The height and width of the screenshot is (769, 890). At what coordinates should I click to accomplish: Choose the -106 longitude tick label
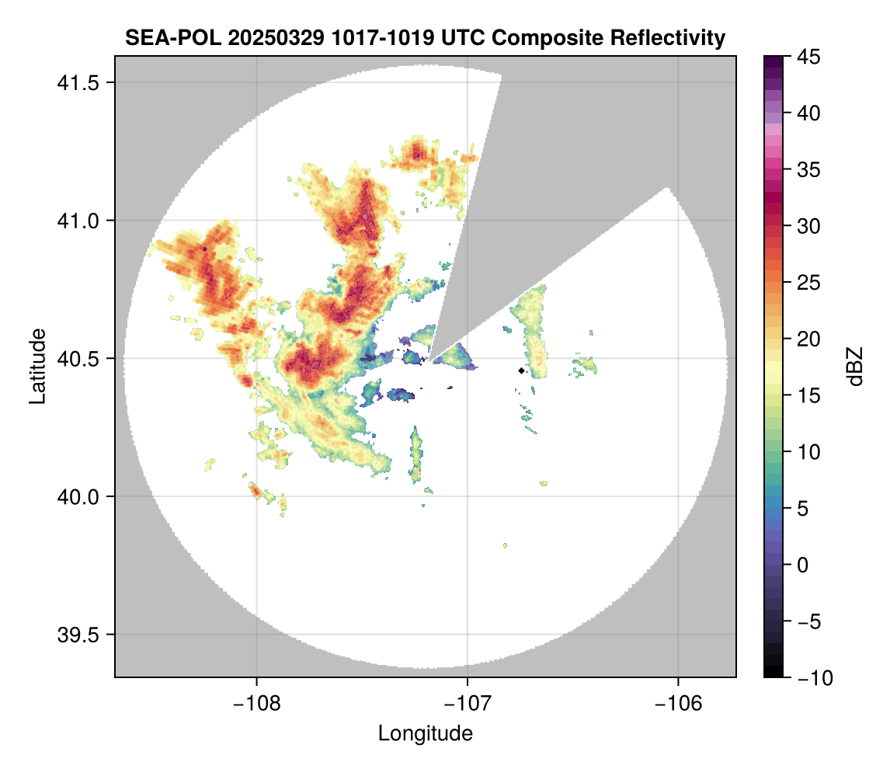(679, 703)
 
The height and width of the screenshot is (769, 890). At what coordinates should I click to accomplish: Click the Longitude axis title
(426, 732)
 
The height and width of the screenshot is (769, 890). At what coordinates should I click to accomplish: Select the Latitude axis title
(37, 366)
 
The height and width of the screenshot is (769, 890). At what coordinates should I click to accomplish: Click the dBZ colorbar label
(855, 367)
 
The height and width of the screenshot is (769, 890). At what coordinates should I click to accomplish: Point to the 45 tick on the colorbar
(810, 57)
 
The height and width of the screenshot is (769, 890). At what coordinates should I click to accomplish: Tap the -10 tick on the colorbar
(812, 678)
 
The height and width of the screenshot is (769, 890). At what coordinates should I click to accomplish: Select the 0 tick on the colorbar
(805, 565)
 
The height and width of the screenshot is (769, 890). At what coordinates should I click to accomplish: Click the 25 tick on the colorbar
(810, 283)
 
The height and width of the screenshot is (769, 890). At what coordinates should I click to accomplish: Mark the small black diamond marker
(521, 371)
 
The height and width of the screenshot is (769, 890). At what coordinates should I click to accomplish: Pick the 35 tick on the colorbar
(810, 169)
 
